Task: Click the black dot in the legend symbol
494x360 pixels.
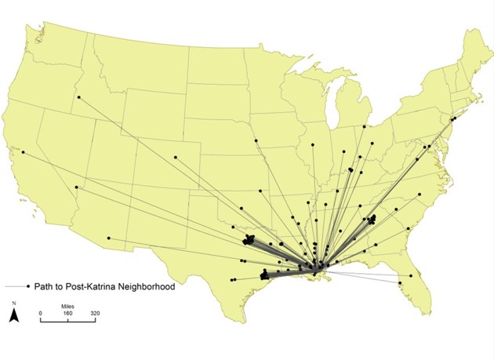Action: click(x=27, y=285)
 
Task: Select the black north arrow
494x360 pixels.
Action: click(x=13, y=315)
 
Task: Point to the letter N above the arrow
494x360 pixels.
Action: click(x=13, y=303)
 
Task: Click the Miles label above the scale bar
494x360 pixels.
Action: click(x=68, y=307)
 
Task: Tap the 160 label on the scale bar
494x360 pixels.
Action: click(x=68, y=314)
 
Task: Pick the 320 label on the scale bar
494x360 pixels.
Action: click(x=94, y=314)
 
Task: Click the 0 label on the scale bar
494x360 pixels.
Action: click(x=42, y=314)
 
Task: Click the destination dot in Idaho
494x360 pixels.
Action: click(x=78, y=97)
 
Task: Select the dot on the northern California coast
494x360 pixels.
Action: click(x=24, y=151)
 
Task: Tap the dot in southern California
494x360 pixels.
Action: click(x=77, y=187)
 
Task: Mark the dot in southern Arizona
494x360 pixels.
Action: click(x=109, y=238)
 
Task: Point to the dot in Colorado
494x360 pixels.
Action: click(x=176, y=157)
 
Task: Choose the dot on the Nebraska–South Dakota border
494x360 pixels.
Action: click(x=256, y=141)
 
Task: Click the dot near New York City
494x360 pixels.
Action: click(x=453, y=118)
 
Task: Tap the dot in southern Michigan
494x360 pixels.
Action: click(x=365, y=126)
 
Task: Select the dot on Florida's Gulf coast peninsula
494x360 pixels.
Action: click(x=400, y=283)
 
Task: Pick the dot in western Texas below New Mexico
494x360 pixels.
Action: click(x=232, y=279)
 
